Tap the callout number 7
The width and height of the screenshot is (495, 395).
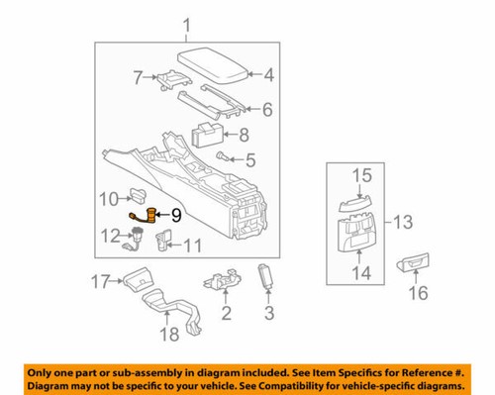click(x=139, y=74)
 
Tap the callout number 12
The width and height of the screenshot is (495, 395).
click(x=111, y=235)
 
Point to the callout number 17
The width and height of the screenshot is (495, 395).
click(x=102, y=282)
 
